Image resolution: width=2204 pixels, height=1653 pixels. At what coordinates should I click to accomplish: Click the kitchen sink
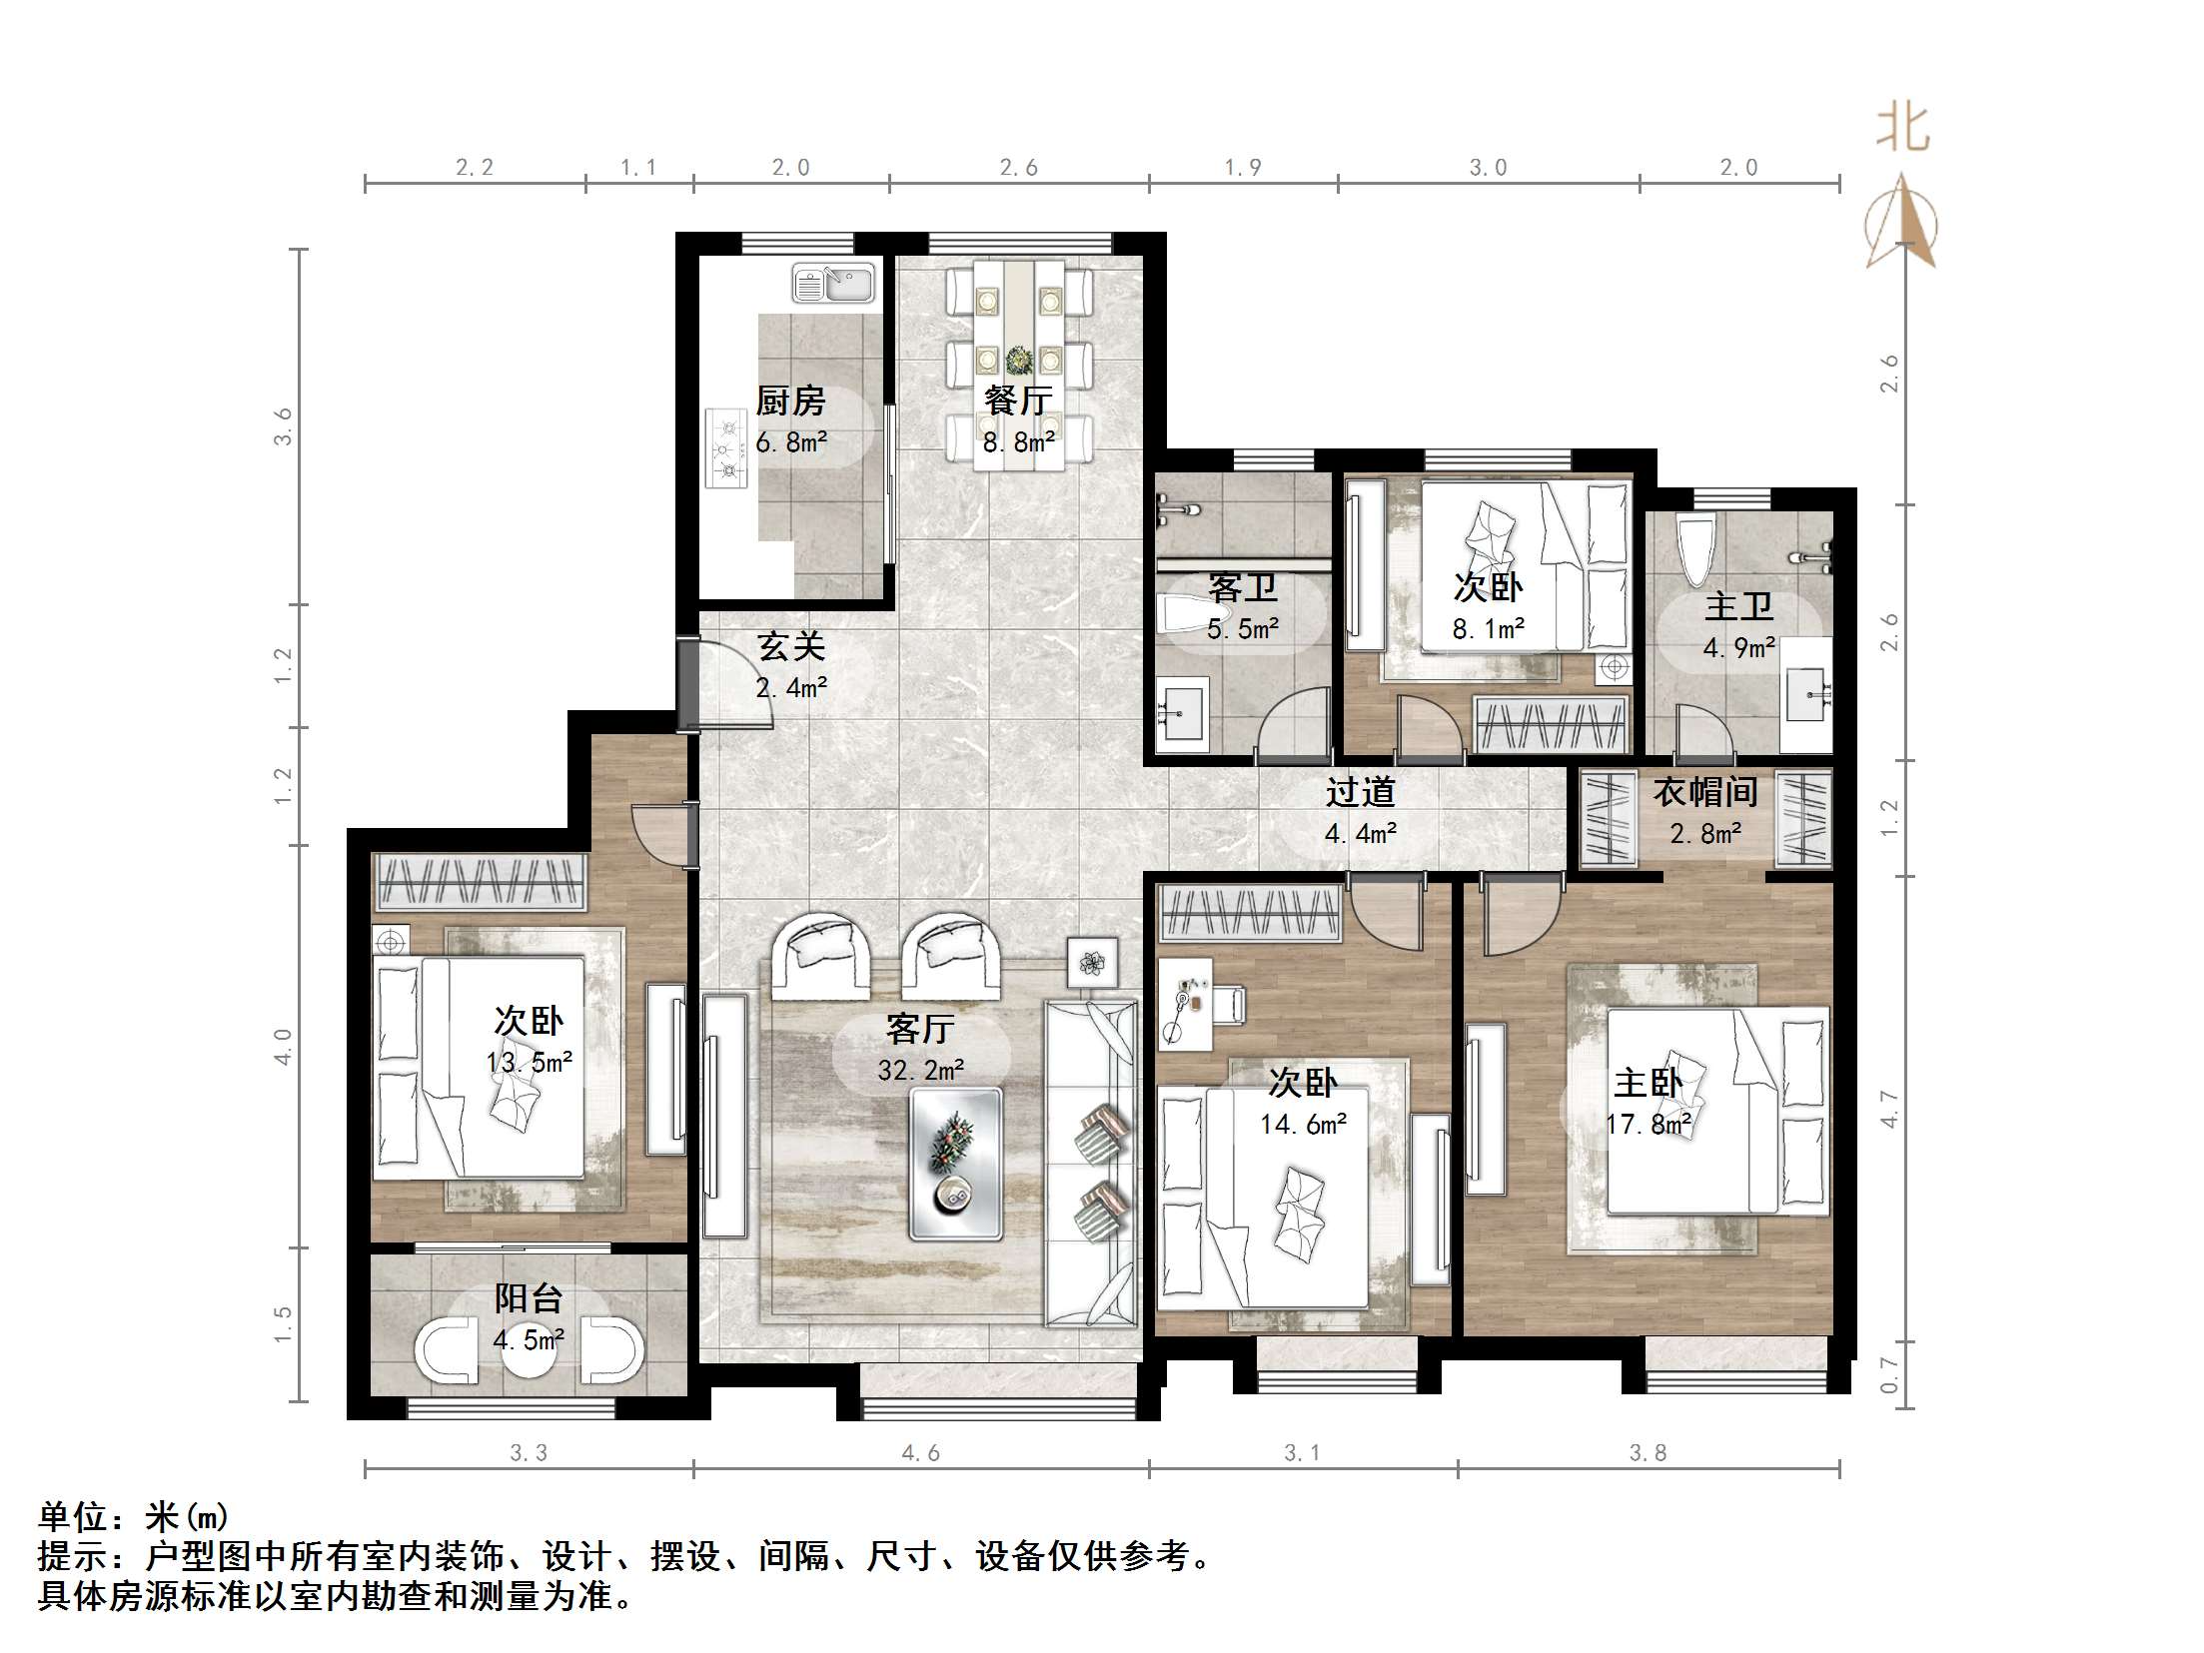[833, 283]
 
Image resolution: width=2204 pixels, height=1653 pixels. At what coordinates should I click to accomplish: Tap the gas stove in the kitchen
[726, 447]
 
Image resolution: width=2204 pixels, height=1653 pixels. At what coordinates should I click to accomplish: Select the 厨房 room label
[790, 402]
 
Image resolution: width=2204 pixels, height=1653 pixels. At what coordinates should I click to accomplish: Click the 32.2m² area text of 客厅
[921, 1071]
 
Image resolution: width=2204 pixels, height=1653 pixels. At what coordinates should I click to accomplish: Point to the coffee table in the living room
[955, 1164]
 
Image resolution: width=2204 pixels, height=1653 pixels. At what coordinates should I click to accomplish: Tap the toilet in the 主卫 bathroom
[1695, 550]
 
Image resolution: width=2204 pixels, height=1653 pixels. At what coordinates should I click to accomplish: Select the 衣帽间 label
[1705, 792]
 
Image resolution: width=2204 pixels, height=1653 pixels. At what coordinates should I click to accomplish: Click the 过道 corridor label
[1360, 792]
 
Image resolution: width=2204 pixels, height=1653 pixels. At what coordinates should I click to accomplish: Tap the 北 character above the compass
[1902, 128]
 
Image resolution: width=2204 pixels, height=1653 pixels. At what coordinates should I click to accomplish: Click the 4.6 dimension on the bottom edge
[920, 1453]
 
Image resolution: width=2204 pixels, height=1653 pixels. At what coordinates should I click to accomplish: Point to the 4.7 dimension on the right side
[1888, 1109]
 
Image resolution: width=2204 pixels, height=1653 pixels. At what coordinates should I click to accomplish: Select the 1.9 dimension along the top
[1243, 168]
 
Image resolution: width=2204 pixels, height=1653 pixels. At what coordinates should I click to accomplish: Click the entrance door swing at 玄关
[727, 684]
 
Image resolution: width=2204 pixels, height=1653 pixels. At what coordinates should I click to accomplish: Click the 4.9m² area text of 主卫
[1739, 648]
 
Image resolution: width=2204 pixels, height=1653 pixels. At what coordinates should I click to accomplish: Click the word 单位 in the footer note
[73, 1517]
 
